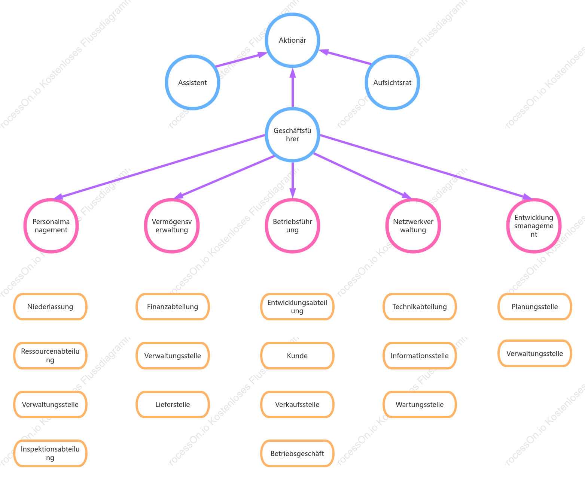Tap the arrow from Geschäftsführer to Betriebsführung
tap(292, 180)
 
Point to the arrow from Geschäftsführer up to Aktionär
tap(292, 88)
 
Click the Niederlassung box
tap(50, 307)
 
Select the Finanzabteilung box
tap(173, 307)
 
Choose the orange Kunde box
tap(297, 356)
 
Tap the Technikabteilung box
tap(420, 307)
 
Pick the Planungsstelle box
tap(534, 307)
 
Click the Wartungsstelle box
tap(420, 404)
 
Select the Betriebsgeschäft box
tap(297, 453)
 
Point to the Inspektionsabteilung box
tap(50, 453)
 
